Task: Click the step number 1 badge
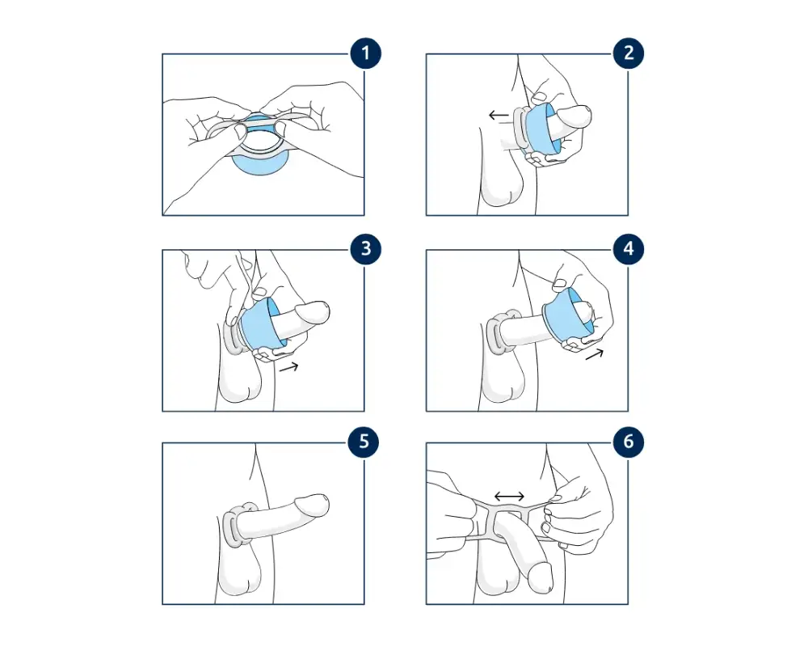click(x=365, y=53)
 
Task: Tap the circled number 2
click(x=628, y=53)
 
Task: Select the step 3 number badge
click(x=365, y=248)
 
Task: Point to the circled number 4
click(x=628, y=248)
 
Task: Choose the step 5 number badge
click(x=364, y=442)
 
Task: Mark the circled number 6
click(x=628, y=442)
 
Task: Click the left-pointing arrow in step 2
click(x=499, y=115)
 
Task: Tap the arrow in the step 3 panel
click(x=288, y=367)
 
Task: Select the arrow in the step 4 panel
click(x=594, y=354)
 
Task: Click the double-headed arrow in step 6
click(x=509, y=497)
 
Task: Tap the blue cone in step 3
click(x=259, y=323)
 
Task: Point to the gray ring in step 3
click(x=232, y=336)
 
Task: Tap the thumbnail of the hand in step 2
click(x=539, y=96)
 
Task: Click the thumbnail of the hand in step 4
click(x=559, y=283)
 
